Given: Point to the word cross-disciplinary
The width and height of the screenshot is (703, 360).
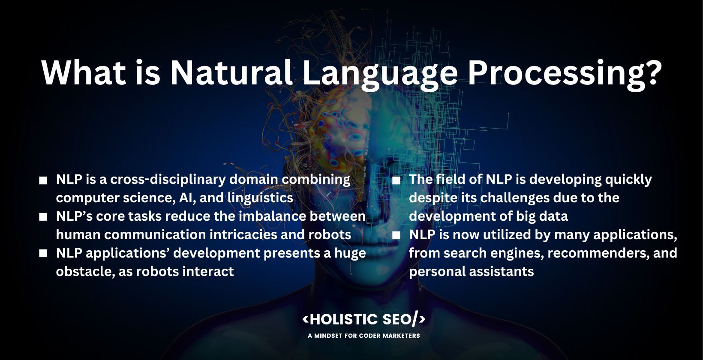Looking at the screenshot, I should (168, 179).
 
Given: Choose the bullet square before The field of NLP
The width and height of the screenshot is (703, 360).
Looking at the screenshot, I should (396, 180).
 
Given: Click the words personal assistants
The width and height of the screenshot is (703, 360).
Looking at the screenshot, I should (471, 271).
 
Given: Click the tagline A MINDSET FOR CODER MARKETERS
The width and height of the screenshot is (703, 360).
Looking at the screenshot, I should (364, 336).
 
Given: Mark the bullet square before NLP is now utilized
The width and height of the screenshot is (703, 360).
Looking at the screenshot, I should (396, 236).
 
